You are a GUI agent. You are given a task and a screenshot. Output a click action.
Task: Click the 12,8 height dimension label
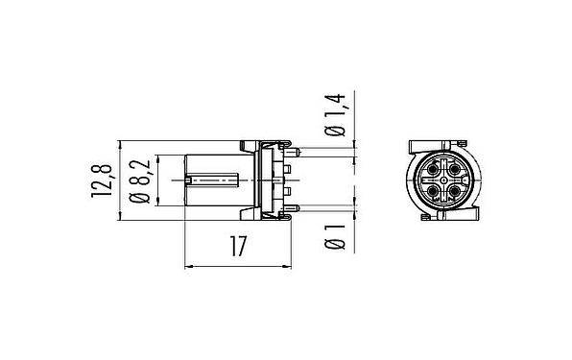pos(102,180)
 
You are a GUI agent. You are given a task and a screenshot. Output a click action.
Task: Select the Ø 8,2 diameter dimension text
pos(140,180)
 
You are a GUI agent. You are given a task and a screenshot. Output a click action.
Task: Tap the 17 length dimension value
pos(238,246)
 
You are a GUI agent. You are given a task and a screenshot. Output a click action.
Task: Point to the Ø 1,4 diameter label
pos(335,115)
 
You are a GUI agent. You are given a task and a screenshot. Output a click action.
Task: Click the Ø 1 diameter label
pos(335,237)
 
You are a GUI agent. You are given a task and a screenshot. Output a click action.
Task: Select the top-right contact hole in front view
pos(454,170)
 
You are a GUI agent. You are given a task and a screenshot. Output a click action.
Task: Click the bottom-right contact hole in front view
pos(454,190)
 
